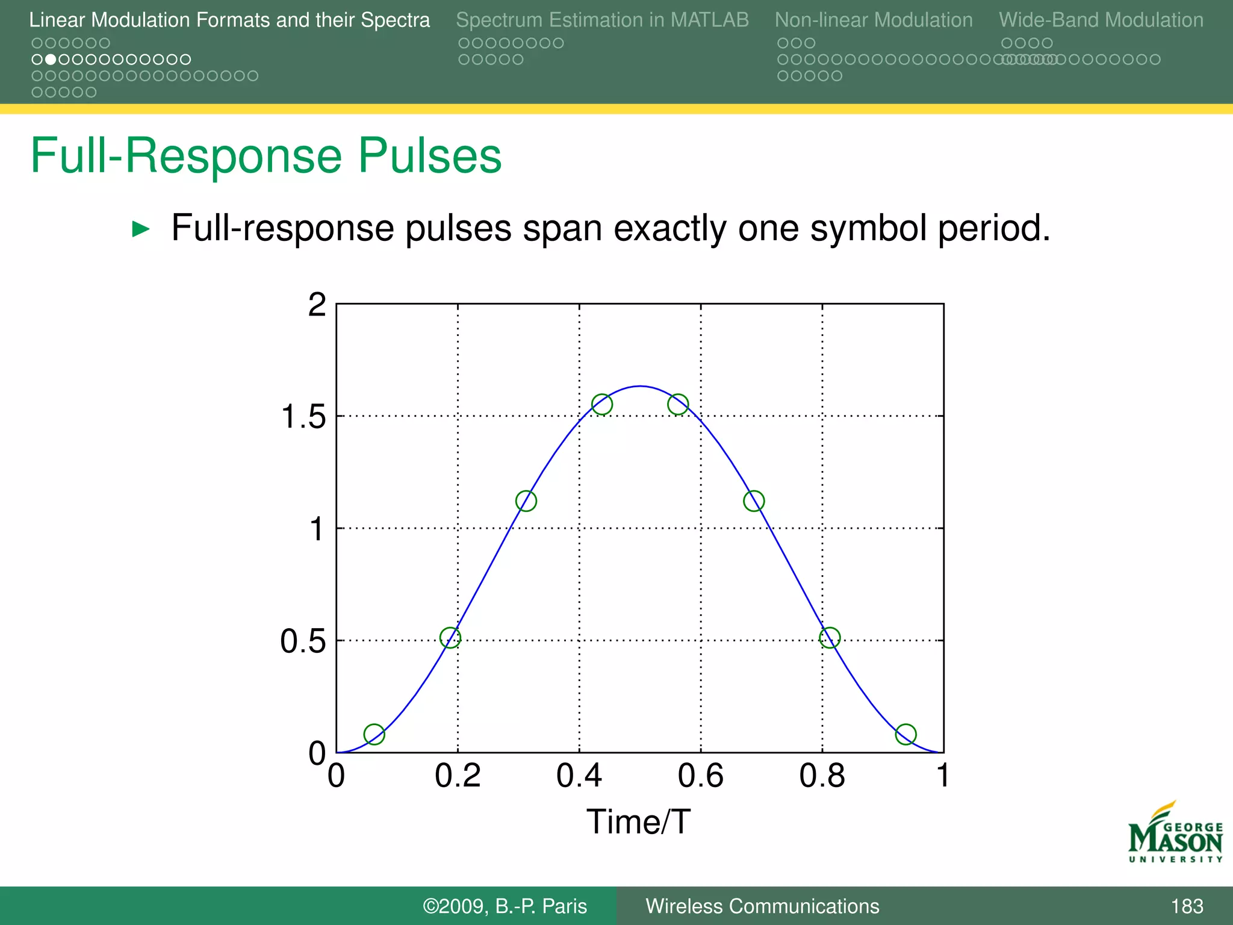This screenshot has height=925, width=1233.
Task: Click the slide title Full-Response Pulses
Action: pos(266,156)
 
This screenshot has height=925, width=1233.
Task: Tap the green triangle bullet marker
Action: pos(140,229)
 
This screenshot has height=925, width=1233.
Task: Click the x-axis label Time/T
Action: pos(638,822)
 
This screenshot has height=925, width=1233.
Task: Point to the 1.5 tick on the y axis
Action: pos(303,417)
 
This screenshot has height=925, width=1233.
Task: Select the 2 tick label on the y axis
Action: pos(317,305)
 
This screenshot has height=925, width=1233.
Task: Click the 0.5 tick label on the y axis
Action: pos(303,641)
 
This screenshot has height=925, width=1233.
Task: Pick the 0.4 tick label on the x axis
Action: pos(579,776)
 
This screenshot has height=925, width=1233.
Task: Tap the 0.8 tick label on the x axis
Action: pos(822,776)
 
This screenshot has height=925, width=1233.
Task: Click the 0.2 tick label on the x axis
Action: pos(458,776)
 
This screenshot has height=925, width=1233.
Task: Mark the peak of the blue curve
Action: pos(640,386)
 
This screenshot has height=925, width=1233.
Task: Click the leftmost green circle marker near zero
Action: pos(374,734)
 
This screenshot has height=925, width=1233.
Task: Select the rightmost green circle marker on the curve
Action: pos(905,734)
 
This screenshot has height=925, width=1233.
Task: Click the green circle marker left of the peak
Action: pos(602,405)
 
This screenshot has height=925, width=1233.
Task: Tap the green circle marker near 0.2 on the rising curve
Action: pos(450,638)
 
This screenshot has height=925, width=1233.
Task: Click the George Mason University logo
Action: pos(1175,833)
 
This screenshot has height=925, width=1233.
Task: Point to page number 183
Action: pos(1187,906)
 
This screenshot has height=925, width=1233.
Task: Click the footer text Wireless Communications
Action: pos(762,906)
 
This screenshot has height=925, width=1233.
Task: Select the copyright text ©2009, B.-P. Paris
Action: pos(505,906)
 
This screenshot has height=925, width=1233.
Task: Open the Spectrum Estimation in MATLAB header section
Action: pos(602,20)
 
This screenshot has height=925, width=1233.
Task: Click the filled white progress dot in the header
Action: pos(51,60)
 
